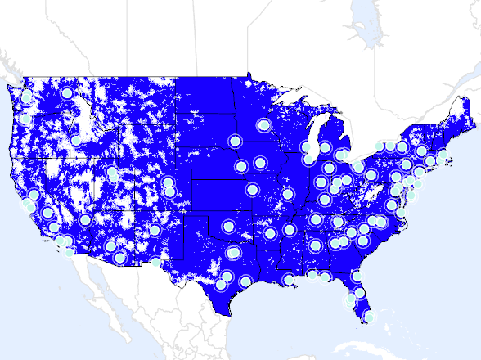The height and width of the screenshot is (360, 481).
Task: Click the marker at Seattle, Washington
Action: point(27,96)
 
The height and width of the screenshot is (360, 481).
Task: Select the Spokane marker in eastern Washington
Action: point(67,95)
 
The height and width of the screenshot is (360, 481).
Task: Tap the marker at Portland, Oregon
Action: point(25,119)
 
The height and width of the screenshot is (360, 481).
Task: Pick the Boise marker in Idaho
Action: point(76,140)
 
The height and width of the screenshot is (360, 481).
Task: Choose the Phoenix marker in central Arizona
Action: point(111,245)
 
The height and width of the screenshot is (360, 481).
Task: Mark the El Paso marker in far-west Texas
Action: point(156,263)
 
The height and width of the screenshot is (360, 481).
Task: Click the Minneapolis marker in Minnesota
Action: point(263,125)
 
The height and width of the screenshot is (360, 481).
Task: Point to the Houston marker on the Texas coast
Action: point(245,282)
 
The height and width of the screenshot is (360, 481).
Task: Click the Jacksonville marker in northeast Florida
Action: point(357,277)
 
